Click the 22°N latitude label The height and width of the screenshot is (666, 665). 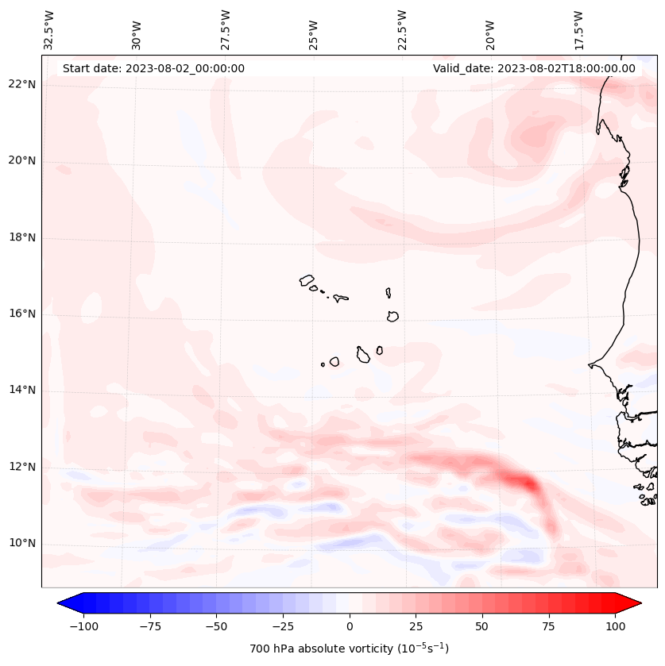point(22,84)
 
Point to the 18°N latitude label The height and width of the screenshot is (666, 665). point(22,237)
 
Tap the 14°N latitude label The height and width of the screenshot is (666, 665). point(22,390)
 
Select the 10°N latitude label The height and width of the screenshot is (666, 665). point(22,543)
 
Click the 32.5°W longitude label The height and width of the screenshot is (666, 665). point(49,30)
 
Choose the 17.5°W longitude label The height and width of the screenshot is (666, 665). point(578,30)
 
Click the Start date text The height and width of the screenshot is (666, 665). point(153,68)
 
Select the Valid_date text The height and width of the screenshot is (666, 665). point(534,68)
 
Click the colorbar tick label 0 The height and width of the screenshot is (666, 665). point(350,626)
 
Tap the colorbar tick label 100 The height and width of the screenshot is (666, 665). point(615,626)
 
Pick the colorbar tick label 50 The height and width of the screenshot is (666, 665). point(482,626)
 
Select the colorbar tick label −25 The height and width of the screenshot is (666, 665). point(283,626)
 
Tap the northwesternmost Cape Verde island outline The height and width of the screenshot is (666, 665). point(307,280)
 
